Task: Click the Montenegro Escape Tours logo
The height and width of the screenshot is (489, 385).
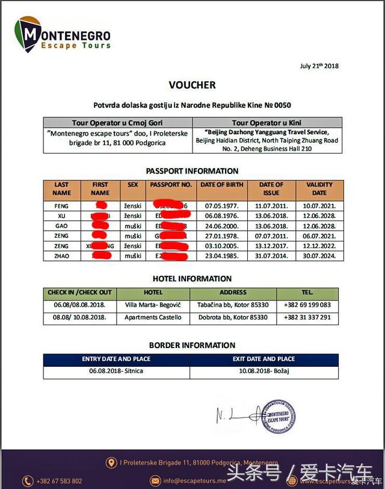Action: tap(63, 34)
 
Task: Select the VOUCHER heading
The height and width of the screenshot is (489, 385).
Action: tap(192, 85)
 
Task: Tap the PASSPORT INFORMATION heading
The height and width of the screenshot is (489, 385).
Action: tap(192, 170)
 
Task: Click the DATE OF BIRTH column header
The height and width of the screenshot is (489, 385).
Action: tap(221, 184)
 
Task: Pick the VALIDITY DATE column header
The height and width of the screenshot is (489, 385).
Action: tap(319, 188)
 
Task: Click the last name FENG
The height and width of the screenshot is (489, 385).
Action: tap(62, 206)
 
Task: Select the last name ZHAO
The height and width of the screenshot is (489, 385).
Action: tap(62, 256)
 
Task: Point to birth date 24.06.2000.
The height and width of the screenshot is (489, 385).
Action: tap(221, 226)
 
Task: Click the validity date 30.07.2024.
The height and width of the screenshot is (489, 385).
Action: tap(319, 256)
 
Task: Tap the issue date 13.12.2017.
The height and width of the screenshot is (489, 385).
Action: tap(271, 246)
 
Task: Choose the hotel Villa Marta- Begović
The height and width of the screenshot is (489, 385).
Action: tap(153, 305)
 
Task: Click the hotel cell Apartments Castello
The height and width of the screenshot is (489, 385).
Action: tap(153, 317)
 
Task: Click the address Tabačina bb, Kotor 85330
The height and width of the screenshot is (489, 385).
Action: tap(232, 305)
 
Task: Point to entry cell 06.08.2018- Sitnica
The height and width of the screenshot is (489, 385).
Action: tap(116, 371)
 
